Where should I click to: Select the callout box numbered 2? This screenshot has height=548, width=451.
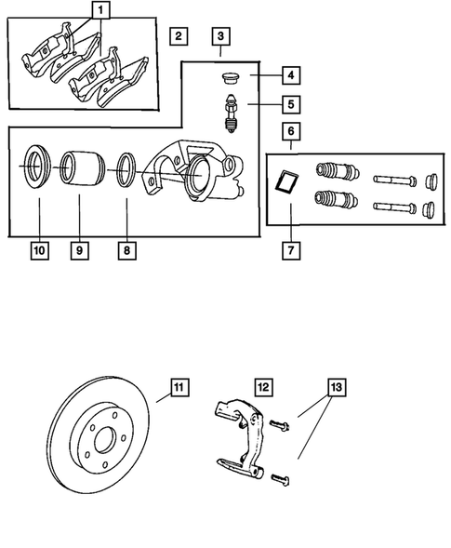click(x=179, y=37)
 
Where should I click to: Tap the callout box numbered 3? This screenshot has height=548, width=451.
click(x=219, y=37)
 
